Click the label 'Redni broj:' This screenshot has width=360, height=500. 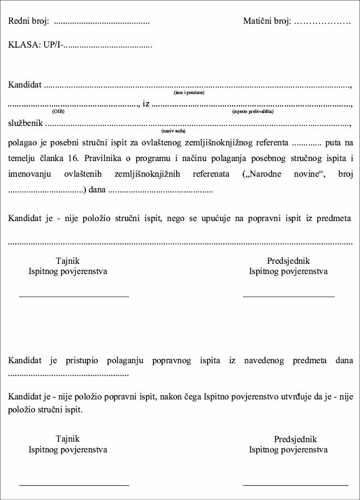(29, 22)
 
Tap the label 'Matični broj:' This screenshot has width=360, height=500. (267, 22)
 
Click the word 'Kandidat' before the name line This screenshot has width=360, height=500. (25, 85)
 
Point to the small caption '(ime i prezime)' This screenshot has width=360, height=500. (189, 93)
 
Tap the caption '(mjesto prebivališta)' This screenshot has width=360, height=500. (252, 111)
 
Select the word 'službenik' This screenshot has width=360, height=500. (25, 123)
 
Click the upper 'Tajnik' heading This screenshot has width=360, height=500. (68, 261)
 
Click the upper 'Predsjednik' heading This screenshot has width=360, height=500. (288, 261)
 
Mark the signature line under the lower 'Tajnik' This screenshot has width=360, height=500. (74, 485)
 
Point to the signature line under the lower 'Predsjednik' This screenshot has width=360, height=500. (295, 485)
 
